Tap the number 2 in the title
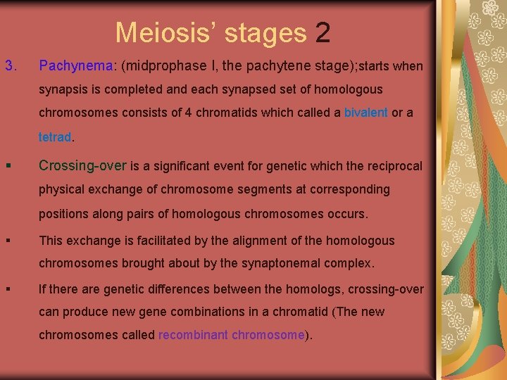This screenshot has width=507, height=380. [x=323, y=32]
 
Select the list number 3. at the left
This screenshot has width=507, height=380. [x=11, y=66]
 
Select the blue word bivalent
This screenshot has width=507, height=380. [x=365, y=113]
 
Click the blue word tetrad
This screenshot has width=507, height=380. [x=55, y=137]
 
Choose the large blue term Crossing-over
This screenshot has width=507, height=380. [x=82, y=166]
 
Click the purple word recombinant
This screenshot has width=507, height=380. [x=193, y=335]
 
